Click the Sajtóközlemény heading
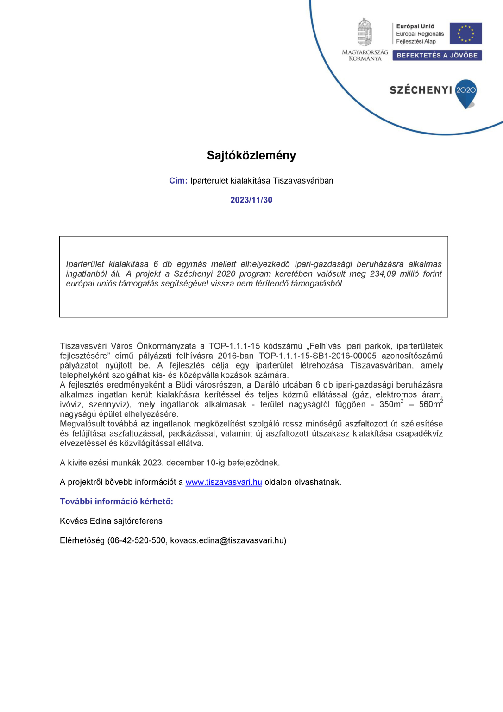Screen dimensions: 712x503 point(251,155)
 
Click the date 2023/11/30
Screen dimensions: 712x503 point(251,200)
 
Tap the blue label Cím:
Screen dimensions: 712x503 point(178,181)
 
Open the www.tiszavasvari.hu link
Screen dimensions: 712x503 point(224,482)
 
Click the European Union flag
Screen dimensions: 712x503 point(465,33)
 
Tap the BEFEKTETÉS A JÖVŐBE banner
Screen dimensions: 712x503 point(437,55)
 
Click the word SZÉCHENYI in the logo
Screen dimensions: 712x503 point(421,90)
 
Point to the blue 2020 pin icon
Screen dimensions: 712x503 point(466,93)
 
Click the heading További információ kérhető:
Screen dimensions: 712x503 point(116,502)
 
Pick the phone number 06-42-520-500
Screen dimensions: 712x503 point(138,540)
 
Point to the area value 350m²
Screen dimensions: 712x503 point(391,404)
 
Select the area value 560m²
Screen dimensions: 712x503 point(431,404)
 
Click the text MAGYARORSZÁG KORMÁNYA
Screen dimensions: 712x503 point(365,55)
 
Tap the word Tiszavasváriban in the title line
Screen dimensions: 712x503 point(303,181)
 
